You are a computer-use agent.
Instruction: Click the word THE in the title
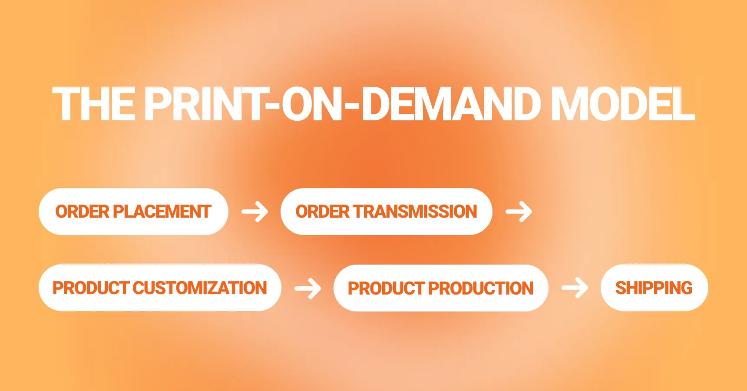pyautogui.click(x=93, y=104)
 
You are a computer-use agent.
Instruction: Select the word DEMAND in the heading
pyautogui.click(x=451, y=104)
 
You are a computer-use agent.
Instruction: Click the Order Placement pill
pyautogui.click(x=133, y=212)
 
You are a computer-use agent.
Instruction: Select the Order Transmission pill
pyautogui.click(x=386, y=212)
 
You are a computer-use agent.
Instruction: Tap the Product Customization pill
pyautogui.click(x=160, y=288)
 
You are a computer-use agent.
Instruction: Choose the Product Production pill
pyautogui.click(x=440, y=288)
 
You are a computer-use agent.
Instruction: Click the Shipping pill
pyautogui.click(x=654, y=288)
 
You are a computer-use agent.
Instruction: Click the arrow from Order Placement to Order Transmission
pyautogui.click(x=255, y=212)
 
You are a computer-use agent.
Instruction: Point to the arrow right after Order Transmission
pyautogui.click(x=519, y=212)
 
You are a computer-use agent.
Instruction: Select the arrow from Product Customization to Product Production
pyautogui.click(x=308, y=288)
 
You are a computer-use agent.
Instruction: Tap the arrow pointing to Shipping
pyautogui.click(x=575, y=288)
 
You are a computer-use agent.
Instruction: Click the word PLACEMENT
pyautogui.click(x=162, y=212)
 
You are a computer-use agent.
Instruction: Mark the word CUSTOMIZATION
pyautogui.click(x=200, y=288)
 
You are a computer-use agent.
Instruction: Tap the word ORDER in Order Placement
pyautogui.click(x=82, y=212)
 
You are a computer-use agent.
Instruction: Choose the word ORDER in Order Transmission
pyautogui.click(x=322, y=212)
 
